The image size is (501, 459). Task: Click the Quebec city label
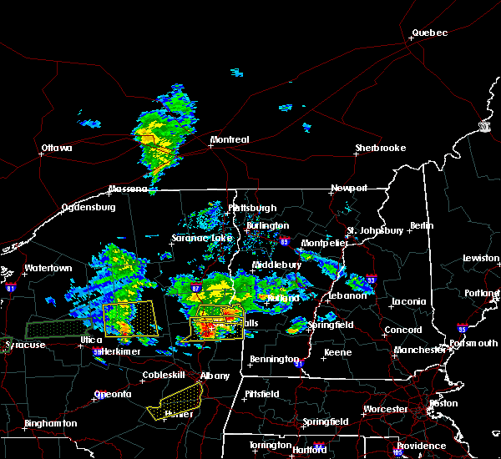point(429,33)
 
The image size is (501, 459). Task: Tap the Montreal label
point(230,139)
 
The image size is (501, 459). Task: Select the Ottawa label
point(57,149)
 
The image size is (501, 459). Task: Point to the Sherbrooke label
point(381,148)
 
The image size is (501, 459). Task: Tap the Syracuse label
point(23,345)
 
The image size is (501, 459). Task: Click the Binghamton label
point(50,423)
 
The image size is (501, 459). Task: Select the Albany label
point(215,376)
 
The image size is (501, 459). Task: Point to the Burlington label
point(267,225)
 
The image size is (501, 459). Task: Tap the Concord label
point(402,330)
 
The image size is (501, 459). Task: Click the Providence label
point(421,446)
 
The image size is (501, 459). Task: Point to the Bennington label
point(275,360)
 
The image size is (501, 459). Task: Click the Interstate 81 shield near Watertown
point(11,286)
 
